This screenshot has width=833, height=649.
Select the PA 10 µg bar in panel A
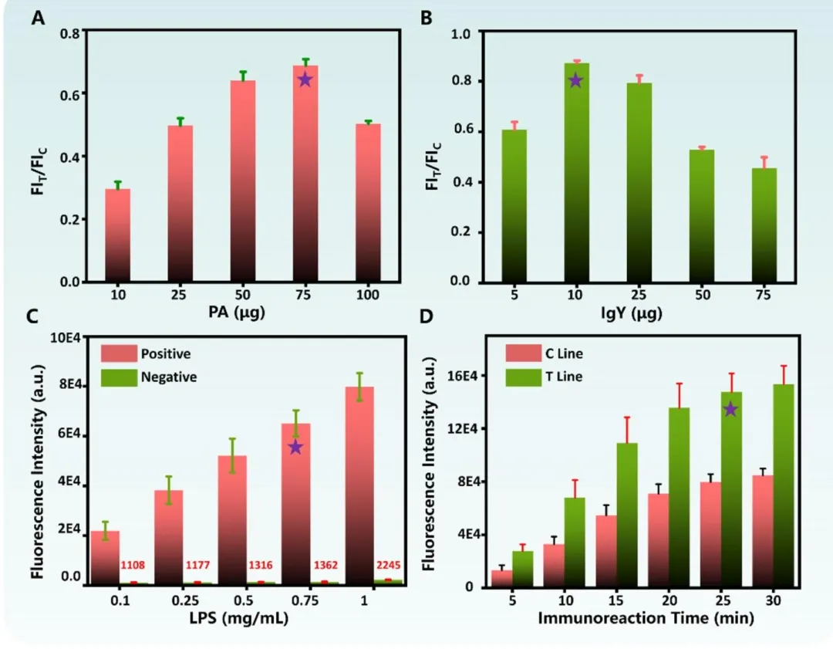click(x=117, y=235)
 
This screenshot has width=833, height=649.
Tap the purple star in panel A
click(x=305, y=79)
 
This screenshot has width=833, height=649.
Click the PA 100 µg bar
click(x=368, y=202)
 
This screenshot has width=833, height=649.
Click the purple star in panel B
click(x=575, y=80)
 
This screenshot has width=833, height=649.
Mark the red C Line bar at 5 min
click(x=502, y=578)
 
